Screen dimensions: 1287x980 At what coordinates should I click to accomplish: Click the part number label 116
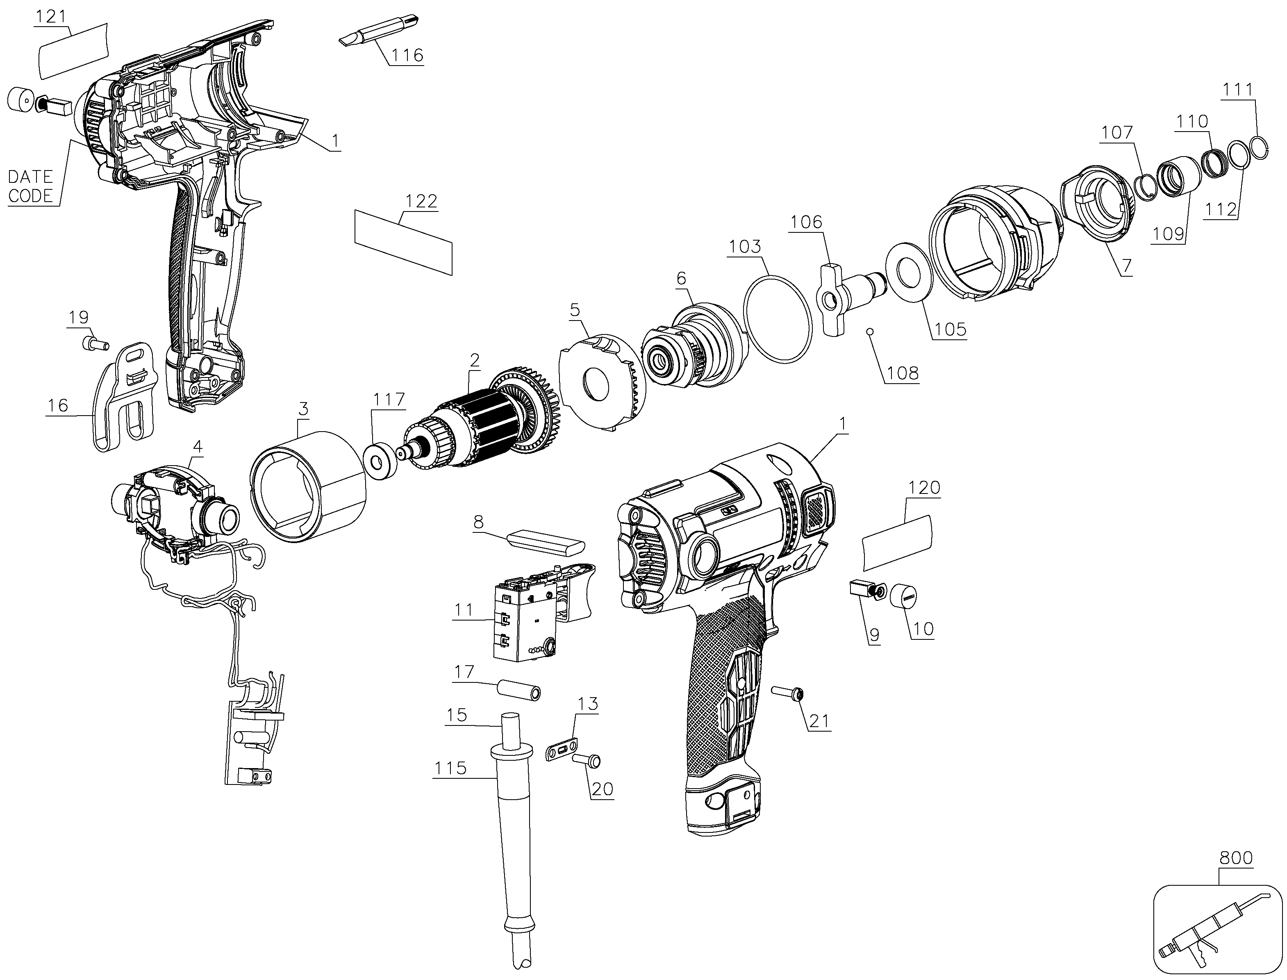click(407, 55)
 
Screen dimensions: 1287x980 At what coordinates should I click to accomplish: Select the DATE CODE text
click(30, 186)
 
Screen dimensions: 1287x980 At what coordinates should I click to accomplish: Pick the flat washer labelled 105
click(910, 272)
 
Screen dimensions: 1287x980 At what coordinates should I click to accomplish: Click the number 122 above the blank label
click(421, 201)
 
